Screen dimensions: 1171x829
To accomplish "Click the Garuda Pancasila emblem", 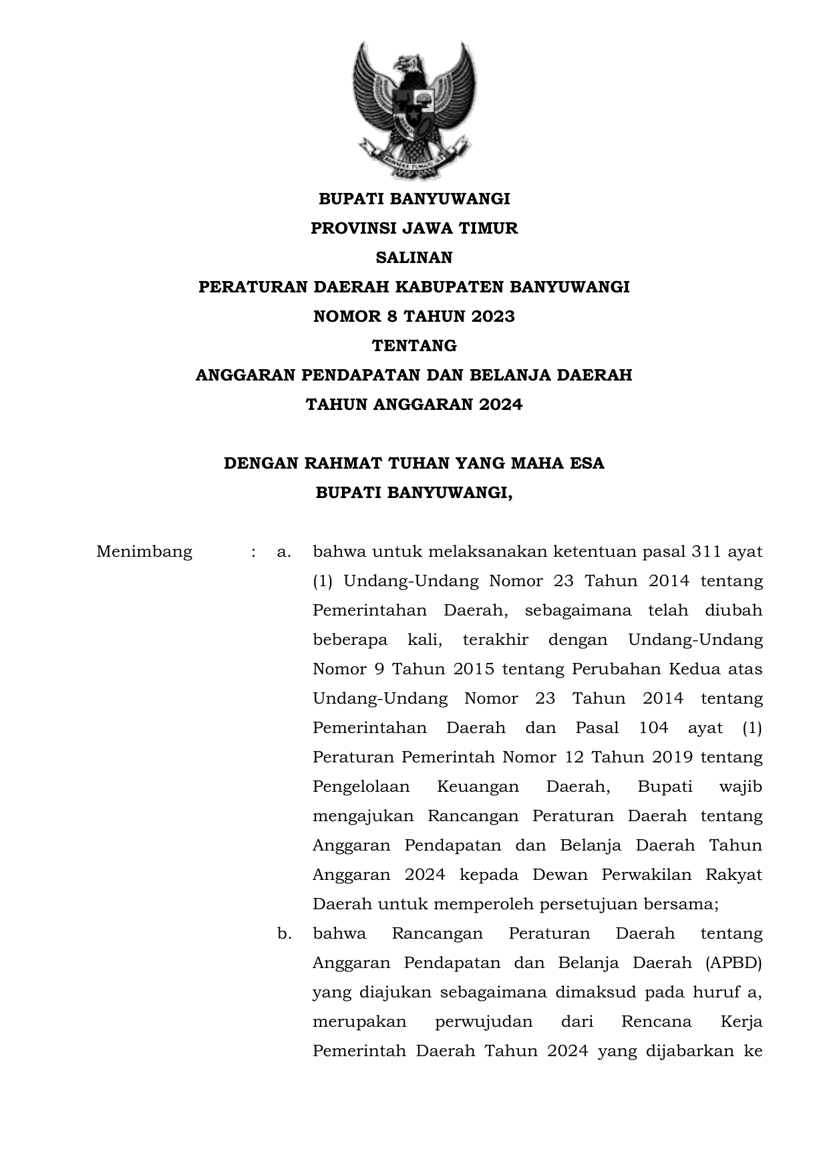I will point(414,110).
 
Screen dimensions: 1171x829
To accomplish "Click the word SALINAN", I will point(414,258).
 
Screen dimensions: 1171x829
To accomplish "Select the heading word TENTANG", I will point(414,346).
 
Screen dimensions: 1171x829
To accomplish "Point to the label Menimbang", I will point(144,552).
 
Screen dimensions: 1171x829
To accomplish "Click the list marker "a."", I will point(284,552).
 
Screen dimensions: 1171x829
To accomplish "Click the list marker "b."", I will point(285,934).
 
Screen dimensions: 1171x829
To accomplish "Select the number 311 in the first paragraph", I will point(706,552).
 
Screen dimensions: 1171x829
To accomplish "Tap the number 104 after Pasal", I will point(653,728).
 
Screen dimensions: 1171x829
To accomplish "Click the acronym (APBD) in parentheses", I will point(732,963).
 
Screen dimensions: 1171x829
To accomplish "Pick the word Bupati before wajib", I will point(665,787).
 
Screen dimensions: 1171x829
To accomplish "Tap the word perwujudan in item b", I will point(484,1022).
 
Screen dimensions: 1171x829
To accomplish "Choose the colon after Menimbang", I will point(254,552).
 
